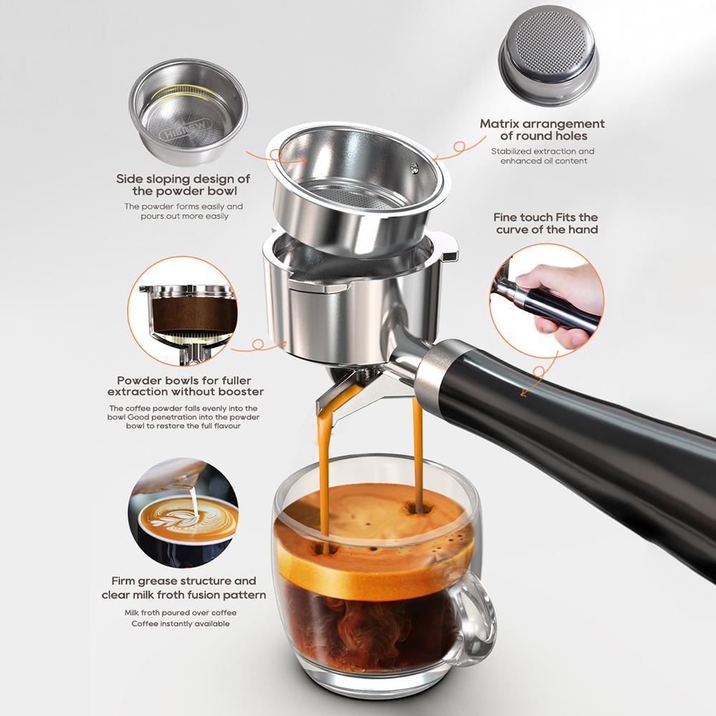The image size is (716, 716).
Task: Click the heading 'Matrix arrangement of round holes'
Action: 542,130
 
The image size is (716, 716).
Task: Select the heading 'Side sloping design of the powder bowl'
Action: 183,185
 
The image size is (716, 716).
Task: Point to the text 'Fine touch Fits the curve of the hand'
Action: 546,223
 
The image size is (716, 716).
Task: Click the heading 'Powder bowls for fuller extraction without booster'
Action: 185,386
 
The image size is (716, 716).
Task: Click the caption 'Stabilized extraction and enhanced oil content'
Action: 542,156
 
